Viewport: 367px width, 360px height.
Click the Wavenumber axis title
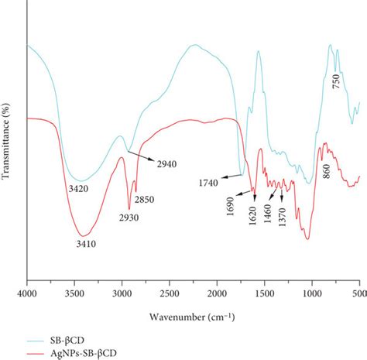[x=194, y=317]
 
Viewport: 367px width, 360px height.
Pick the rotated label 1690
[x=232, y=203]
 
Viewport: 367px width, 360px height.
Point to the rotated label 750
[x=336, y=81]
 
